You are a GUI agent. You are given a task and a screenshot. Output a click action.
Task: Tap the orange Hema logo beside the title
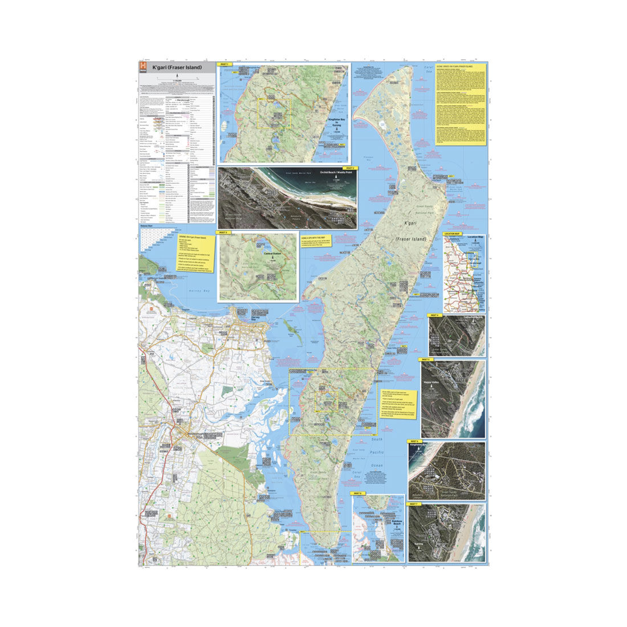143,67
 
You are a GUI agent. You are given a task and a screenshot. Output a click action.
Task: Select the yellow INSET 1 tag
224,64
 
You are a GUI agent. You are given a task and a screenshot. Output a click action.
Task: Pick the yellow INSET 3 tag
222,233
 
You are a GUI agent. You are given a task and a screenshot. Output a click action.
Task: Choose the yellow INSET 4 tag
434,315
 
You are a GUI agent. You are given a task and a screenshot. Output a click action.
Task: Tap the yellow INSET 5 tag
425,360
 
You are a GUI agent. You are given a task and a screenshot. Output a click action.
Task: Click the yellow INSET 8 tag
357,493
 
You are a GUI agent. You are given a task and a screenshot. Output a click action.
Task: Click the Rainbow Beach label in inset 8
397,521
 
